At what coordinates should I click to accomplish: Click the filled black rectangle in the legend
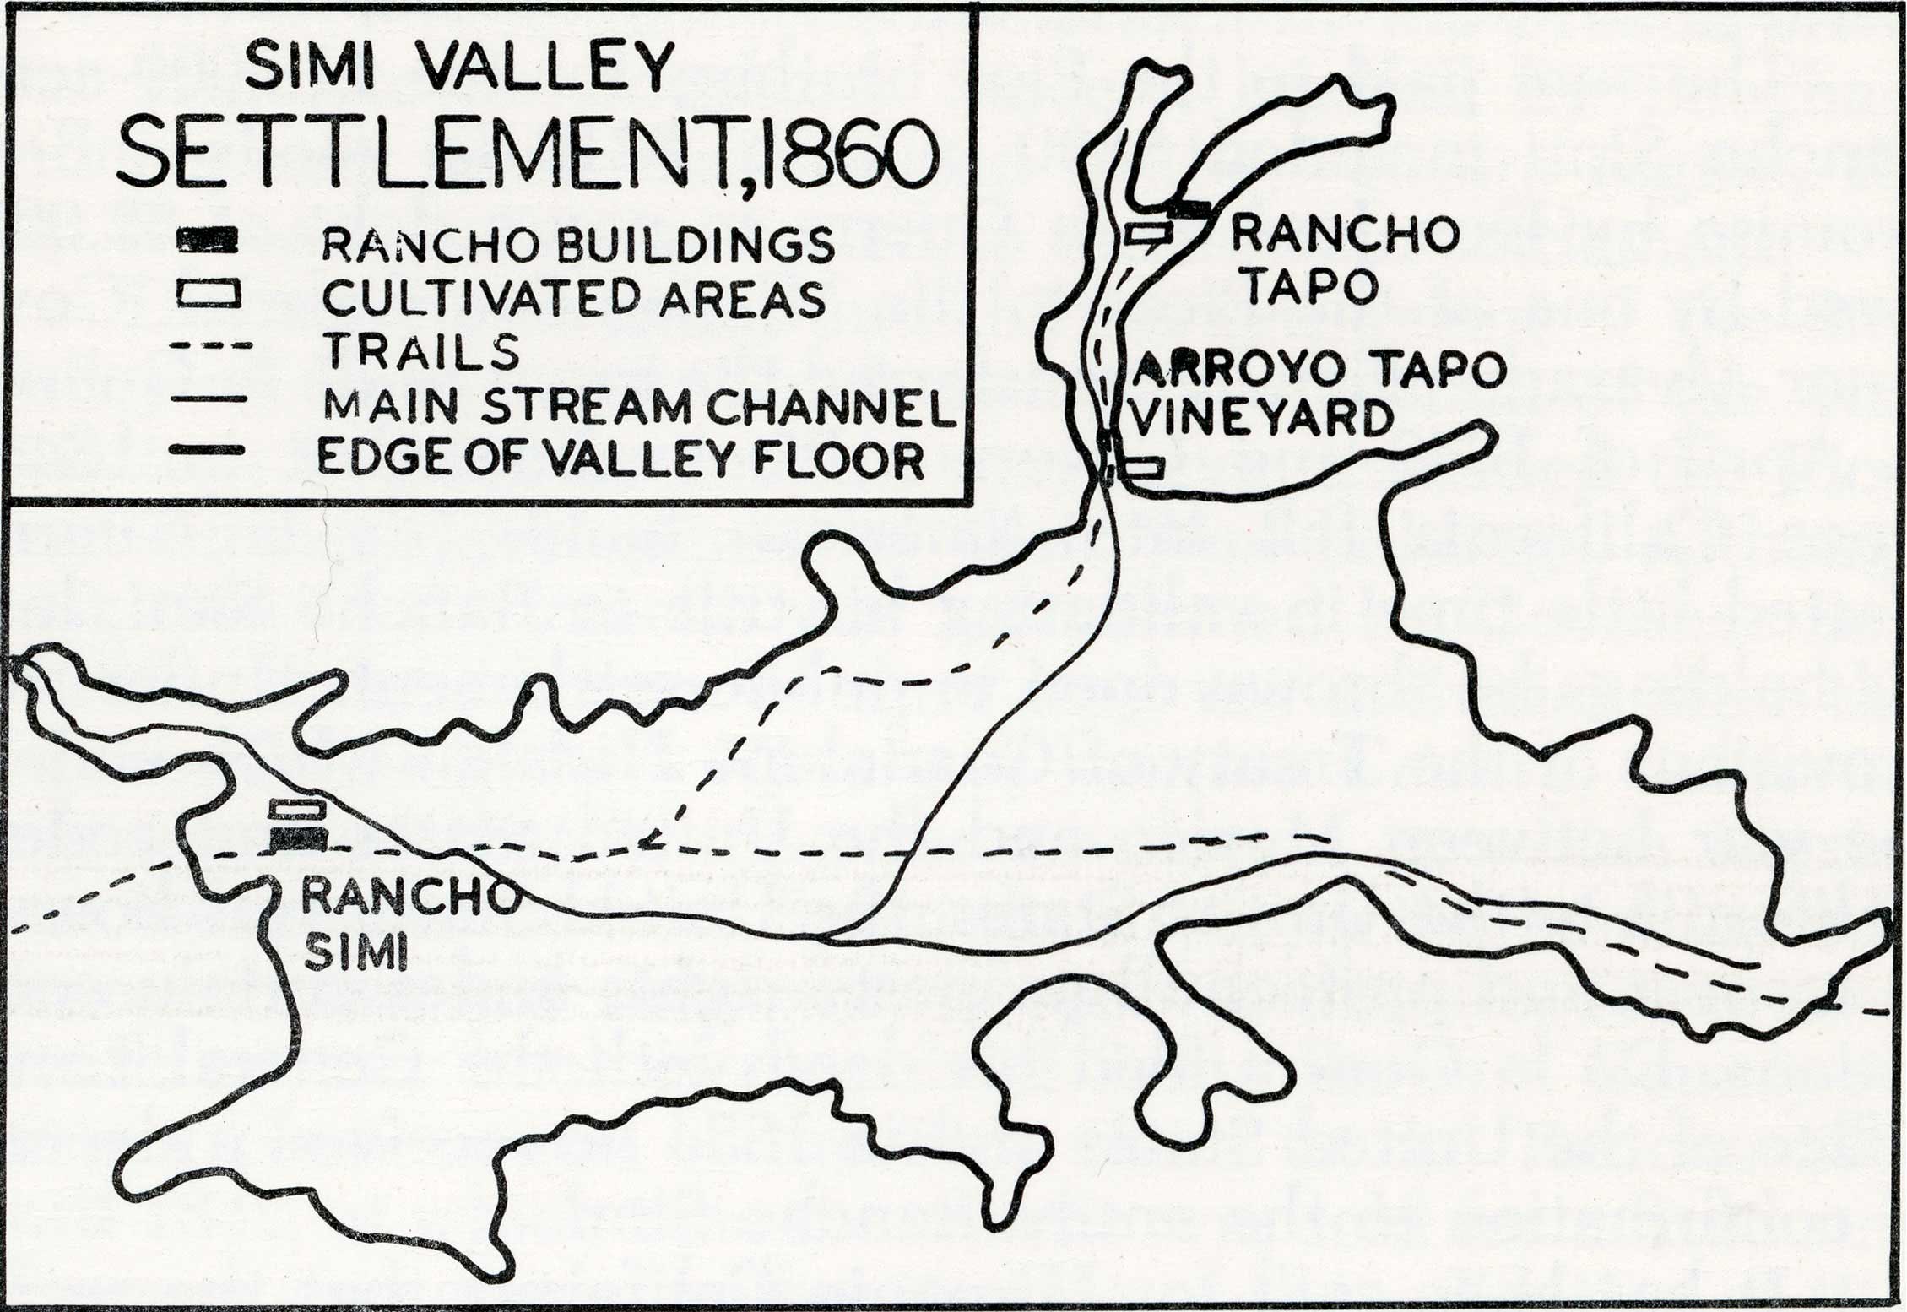coord(207,241)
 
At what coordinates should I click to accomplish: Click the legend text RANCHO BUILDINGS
coord(577,245)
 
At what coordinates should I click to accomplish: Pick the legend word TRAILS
coord(422,352)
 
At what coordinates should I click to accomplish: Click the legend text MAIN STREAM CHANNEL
coord(639,407)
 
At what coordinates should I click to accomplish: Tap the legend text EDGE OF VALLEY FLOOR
coord(620,460)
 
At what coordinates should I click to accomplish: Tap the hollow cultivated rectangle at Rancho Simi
coord(297,809)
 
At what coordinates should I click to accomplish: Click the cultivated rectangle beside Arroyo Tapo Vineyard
coord(1144,468)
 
